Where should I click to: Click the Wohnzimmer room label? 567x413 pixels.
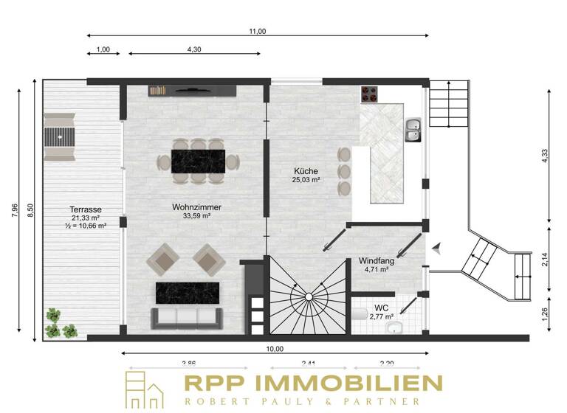click(197, 207)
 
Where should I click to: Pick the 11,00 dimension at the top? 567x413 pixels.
click(257, 31)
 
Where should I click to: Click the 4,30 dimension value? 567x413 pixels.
click(193, 49)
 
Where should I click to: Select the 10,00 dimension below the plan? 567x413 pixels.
click(275, 349)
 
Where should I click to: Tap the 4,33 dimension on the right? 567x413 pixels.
click(544, 155)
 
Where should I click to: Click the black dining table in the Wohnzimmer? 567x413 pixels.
click(197, 161)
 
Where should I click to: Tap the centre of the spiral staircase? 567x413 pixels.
click(309, 296)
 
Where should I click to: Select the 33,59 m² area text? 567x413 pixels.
click(197, 217)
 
